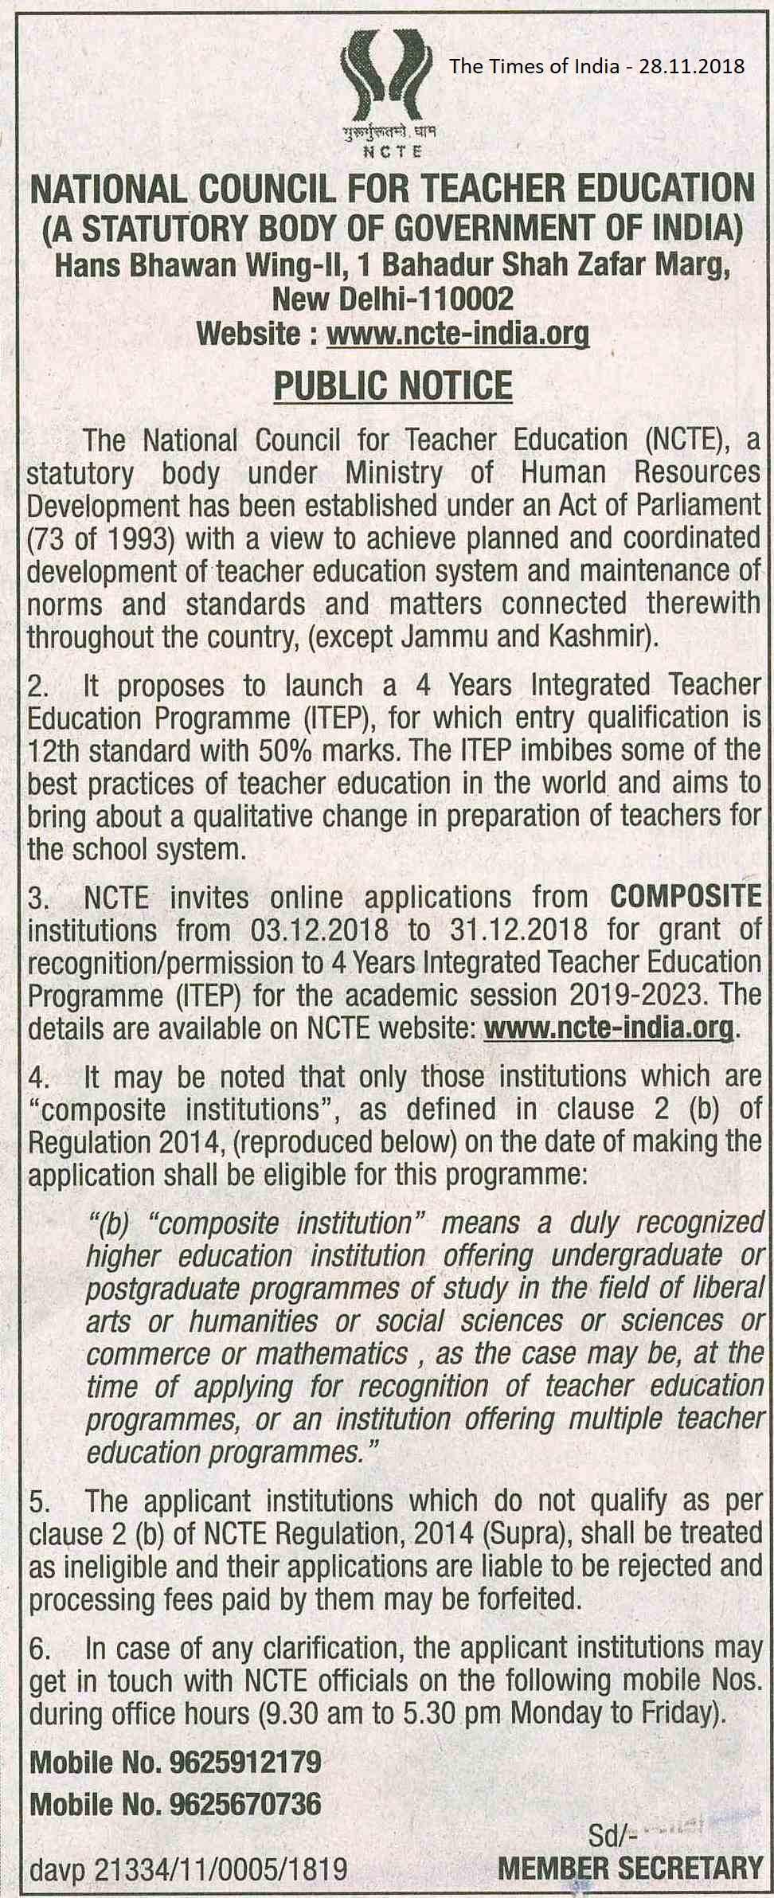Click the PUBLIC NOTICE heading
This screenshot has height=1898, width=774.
pos(393,386)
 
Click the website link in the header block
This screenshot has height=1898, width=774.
pos(458,333)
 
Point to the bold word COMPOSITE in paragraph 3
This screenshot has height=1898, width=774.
pos(685,897)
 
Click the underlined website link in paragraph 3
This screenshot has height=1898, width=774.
pos(608,1028)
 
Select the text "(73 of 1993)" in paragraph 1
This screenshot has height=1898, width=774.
pos(101,538)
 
